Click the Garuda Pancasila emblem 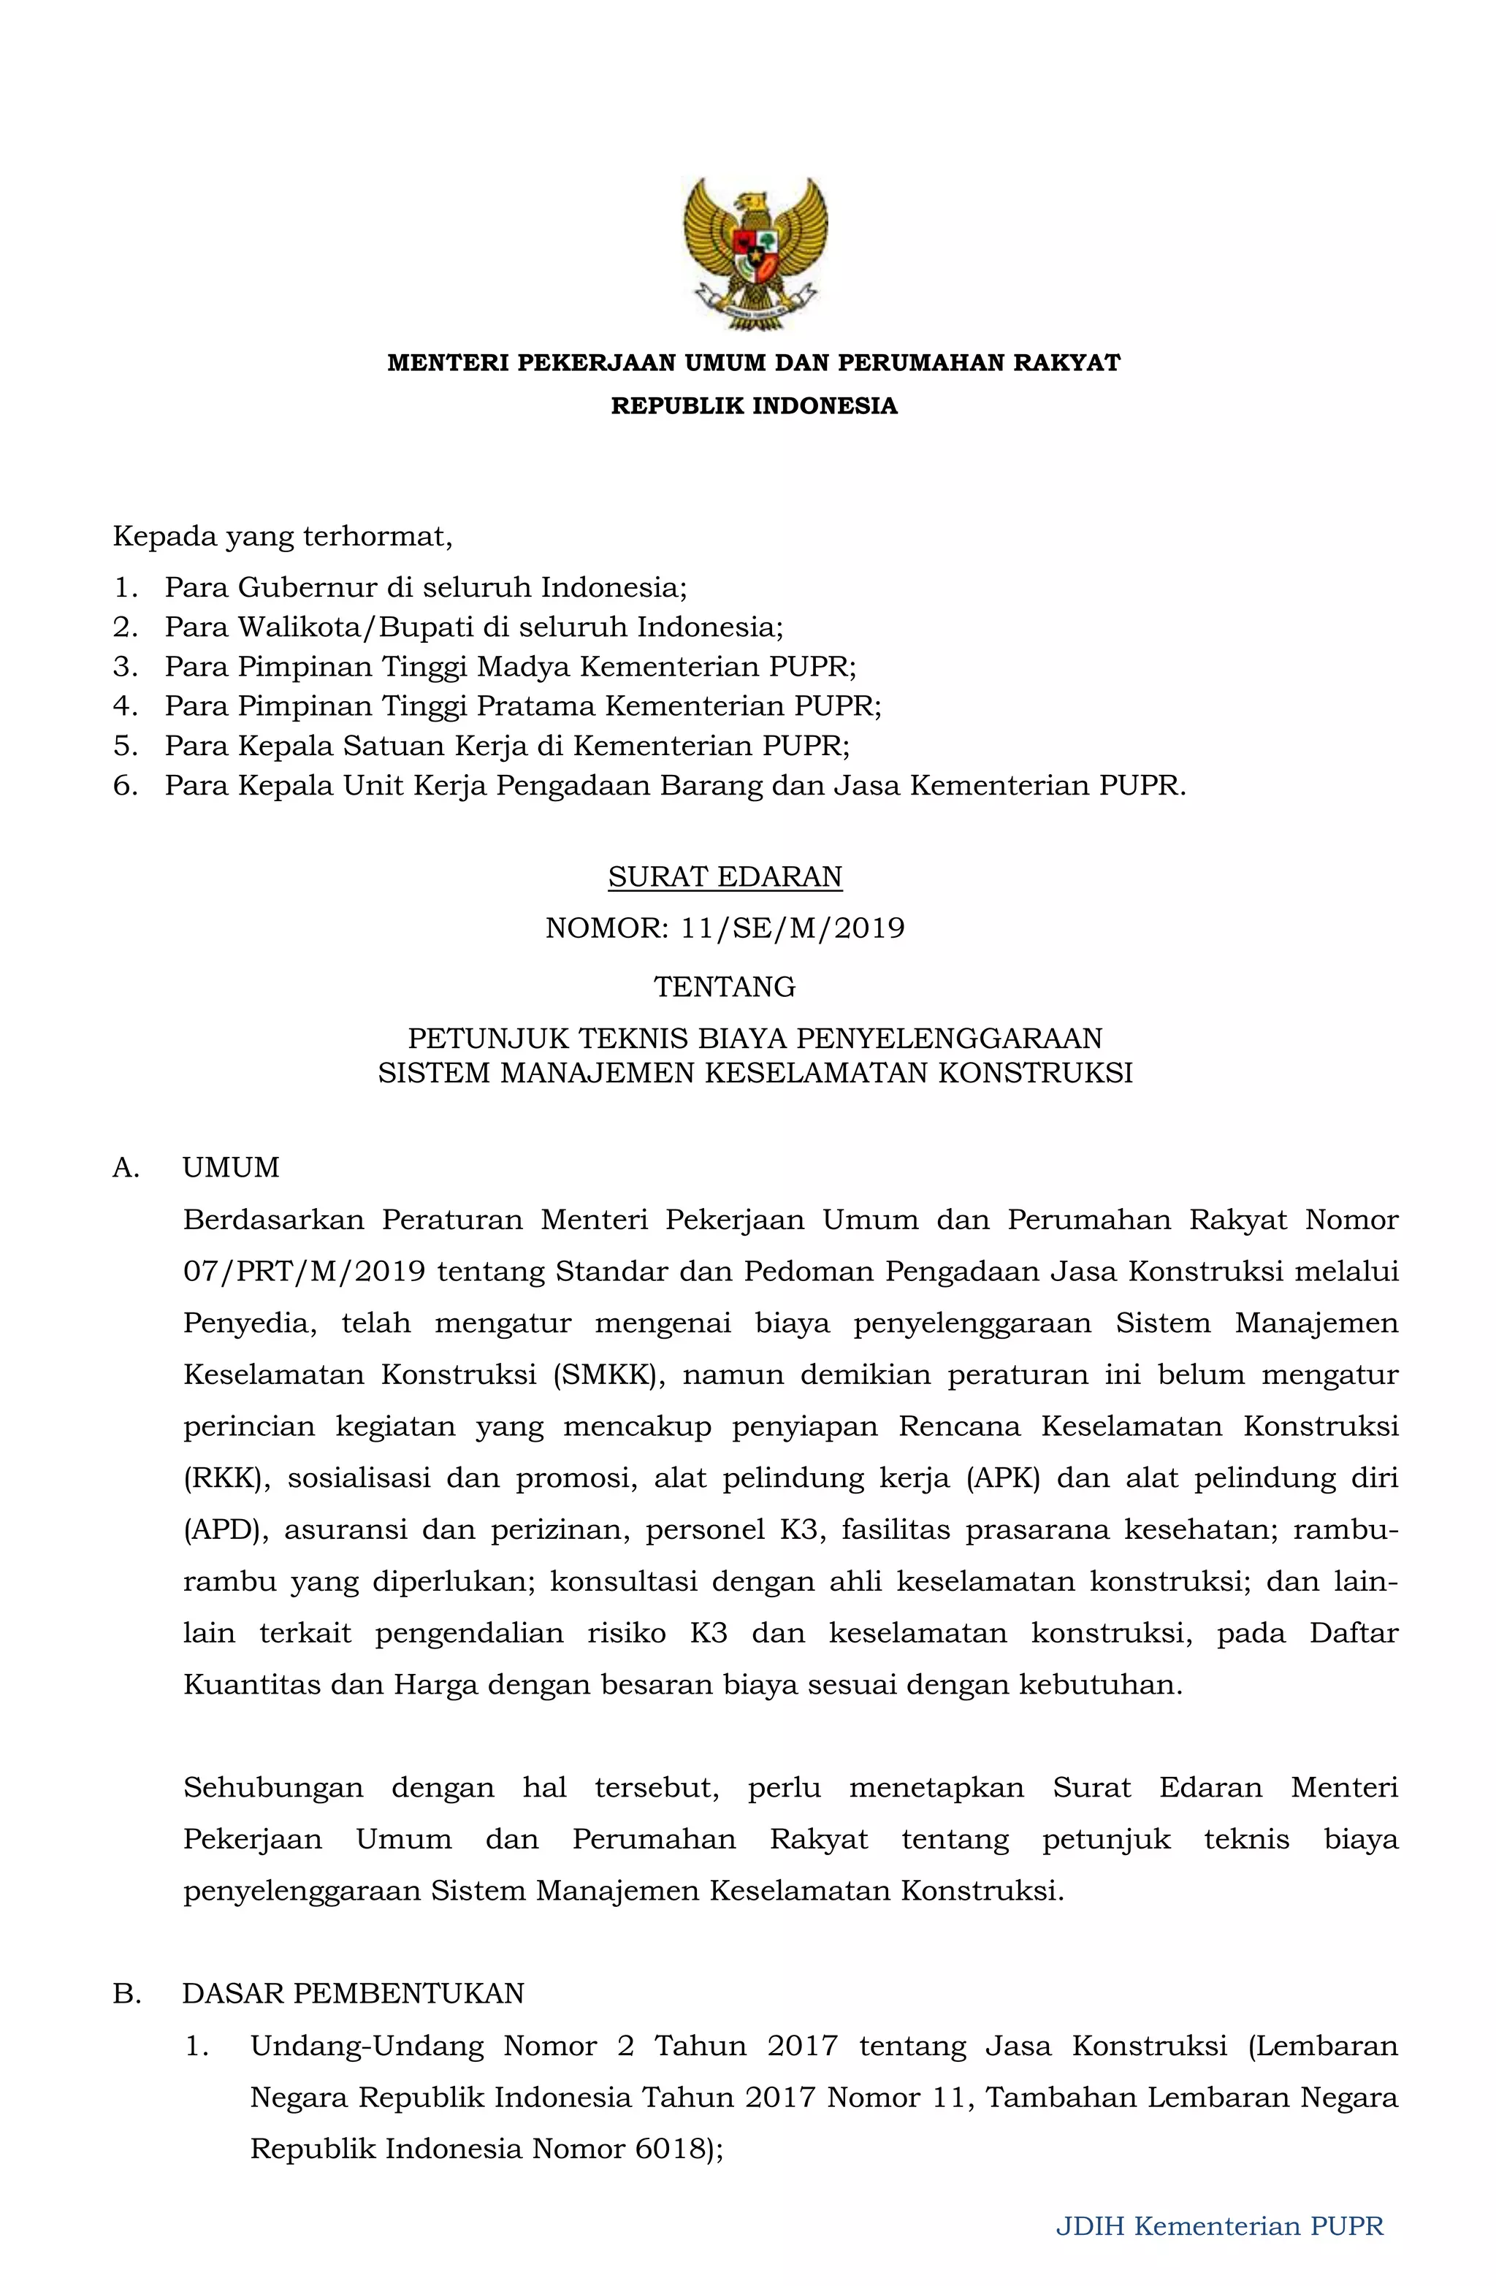pyautogui.click(x=755, y=253)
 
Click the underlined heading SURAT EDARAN pyautogui.click(x=725, y=877)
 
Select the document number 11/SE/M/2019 pyautogui.click(x=793, y=928)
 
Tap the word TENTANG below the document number pyautogui.click(x=725, y=987)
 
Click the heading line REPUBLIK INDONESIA pyautogui.click(x=755, y=405)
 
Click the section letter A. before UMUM pyautogui.click(x=126, y=1167)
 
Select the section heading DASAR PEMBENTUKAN pyautogui.click(x=353, y=1993)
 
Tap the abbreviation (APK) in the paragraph pyautogui.click(x=1003, y=1478)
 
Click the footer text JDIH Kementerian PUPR pyautogui.click(x=1219, y=2225)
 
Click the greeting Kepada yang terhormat pyautogui.click(x=281, y=536)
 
